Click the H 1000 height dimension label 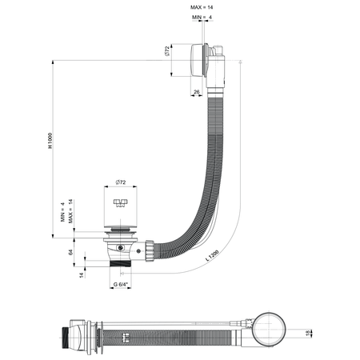tap(50, 142)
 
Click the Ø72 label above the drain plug tap(121, 183)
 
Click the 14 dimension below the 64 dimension tap(83, 274)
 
